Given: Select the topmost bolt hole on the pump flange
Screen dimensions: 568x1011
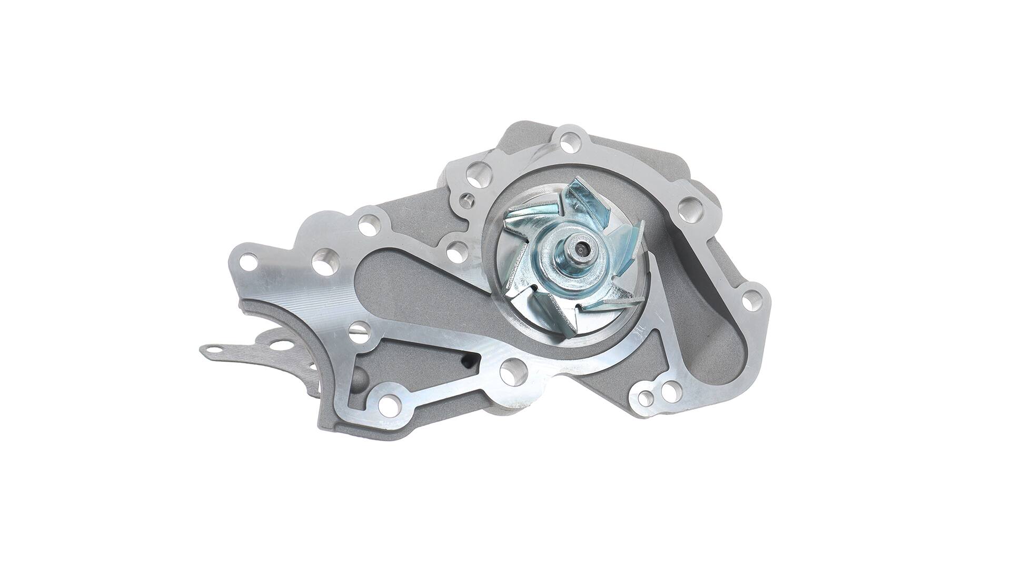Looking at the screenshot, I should pos(569,141).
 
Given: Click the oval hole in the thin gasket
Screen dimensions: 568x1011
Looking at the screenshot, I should pos(283,346).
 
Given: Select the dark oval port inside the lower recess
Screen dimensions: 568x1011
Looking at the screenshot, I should pos(468,361).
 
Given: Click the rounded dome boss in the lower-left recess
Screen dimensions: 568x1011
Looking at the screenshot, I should pos(359,377).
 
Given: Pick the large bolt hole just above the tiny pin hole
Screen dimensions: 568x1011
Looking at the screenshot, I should pos(478,175).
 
